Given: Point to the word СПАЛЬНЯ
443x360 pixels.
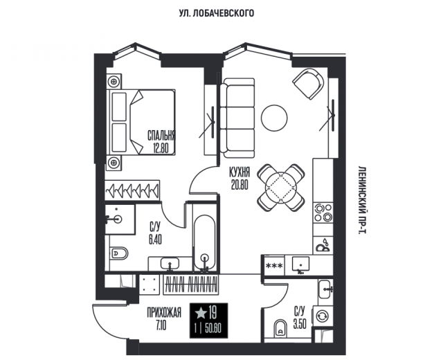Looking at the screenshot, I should [160, 136].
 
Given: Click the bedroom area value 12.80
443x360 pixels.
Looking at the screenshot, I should [160, 147].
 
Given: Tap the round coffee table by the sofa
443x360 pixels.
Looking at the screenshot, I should [274, 118].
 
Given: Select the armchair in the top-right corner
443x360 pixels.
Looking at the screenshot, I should [307, 84].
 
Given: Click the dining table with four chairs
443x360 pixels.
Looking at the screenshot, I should [280, 186].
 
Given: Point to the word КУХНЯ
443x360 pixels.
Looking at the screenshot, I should [239, 174].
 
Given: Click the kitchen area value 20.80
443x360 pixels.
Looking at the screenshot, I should [239, 185].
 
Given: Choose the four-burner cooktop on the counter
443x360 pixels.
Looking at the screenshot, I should [322, 215].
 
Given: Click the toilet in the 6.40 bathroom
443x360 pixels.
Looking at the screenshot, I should [118, 253].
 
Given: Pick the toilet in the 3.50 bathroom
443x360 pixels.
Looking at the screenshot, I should [281, 327].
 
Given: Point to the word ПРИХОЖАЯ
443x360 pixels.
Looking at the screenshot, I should [164, 313].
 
